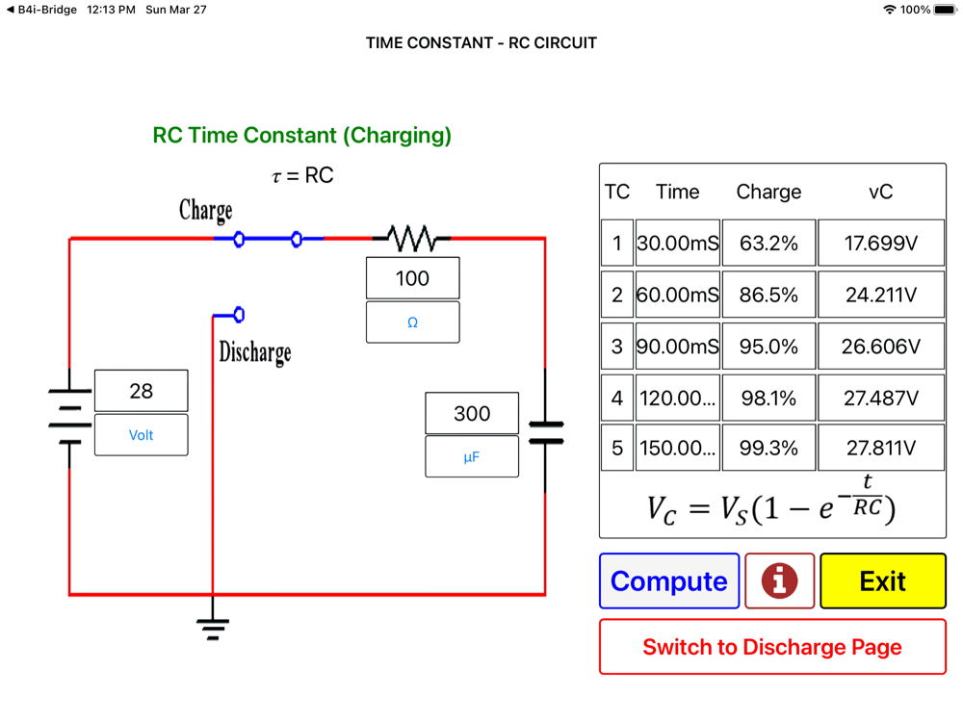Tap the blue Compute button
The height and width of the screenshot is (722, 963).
click(669, 581)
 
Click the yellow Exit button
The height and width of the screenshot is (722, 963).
click(883, 581)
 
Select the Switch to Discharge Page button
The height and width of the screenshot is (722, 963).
click(772, 647)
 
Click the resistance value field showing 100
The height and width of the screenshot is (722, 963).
click(412, 278)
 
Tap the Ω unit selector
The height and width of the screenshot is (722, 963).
click(412, 322)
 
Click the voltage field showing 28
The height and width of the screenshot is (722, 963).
click(141, 391)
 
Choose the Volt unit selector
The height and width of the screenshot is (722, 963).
click(141, 435)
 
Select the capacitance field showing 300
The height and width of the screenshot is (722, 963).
click(472, 413)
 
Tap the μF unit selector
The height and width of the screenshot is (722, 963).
click(472, 457)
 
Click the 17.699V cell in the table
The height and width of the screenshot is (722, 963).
click(881, 244)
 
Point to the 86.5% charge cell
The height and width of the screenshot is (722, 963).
click(768, 295)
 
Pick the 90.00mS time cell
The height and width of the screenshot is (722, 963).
click(677, 347)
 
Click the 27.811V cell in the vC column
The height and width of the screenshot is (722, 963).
click(881, 449)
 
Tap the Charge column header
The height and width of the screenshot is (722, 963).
click(768, 192)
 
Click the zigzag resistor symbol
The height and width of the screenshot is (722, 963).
click(411, 238)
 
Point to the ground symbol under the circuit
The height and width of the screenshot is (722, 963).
click(213, 628)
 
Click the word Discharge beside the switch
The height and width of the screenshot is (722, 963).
click(254, 351)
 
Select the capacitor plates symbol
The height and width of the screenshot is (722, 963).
click(545, 432)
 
